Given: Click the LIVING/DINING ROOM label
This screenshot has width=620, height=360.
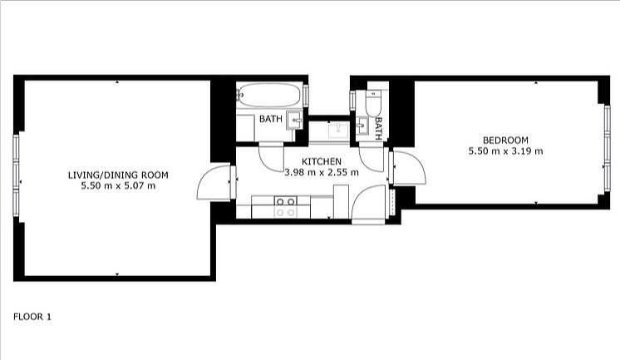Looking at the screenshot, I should [117, 175].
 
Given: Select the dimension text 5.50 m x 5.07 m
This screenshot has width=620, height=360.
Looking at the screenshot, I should [117, 185].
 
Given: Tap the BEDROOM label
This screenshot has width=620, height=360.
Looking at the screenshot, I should [505, 140].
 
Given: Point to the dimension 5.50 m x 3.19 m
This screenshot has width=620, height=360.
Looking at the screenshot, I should [505, 151].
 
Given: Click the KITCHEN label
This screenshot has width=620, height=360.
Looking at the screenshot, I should [321, 160].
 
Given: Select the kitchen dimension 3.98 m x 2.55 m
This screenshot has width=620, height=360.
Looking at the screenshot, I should [321, 173].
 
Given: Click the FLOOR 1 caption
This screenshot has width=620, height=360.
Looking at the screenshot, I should [32, 317].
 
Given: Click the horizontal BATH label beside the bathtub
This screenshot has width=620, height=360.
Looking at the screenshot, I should [270, 119].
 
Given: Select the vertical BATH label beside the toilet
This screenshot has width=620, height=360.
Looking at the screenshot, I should [378, 126].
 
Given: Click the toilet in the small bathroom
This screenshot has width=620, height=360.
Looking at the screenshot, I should [373, 103].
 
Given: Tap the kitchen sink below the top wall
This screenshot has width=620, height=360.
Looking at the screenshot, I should [338, 130].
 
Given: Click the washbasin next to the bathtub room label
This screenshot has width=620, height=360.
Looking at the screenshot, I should [294, 119].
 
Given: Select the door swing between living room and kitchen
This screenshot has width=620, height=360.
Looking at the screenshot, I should [214, 183].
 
